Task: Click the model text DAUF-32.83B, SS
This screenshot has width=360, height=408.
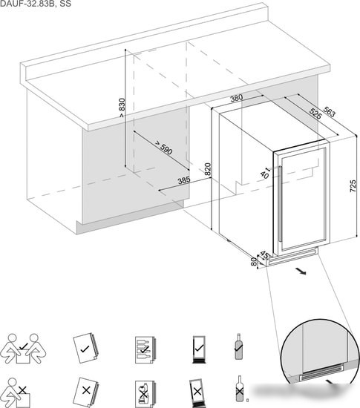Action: point(36,4)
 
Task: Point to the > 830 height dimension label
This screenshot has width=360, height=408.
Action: point(122,108)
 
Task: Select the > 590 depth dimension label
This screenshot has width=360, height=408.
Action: point(163,148)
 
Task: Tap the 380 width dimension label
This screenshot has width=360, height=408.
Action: point(237,98)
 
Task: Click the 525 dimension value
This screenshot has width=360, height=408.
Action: point(315,113)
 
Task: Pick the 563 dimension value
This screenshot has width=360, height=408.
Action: point(330,111)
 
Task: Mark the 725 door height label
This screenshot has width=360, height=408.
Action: point(353,186)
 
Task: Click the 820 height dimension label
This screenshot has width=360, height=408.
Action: point(207,169)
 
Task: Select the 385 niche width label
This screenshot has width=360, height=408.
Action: point(184,180)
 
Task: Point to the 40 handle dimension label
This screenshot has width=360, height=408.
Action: point(265,175)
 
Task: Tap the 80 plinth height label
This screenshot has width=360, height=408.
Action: point(254,262)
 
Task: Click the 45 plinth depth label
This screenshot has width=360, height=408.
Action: point(264,254)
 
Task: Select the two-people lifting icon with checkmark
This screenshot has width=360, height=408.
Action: point(23,349)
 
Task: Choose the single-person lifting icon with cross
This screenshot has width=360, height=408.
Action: point(16,393)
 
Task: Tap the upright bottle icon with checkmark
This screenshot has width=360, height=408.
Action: point(239,346)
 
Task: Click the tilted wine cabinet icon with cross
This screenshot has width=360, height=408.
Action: point(197,392)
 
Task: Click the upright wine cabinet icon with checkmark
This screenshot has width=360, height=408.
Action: point(199,349)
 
